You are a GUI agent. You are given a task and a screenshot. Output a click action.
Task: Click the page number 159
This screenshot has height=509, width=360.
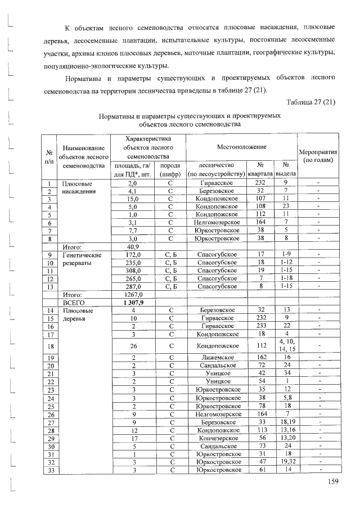(x=333, y=482)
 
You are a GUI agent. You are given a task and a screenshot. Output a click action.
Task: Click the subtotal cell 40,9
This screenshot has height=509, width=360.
(x=133, y=246)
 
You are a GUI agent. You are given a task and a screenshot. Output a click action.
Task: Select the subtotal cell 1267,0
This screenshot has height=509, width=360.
(x=133, y=294)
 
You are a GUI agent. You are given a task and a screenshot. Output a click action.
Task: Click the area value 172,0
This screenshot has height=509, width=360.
(x=133, y=254)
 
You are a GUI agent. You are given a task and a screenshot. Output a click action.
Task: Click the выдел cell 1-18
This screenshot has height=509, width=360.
(x=286, y=278)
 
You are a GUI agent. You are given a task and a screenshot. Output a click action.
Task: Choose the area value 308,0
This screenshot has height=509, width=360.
(x=133, y=270)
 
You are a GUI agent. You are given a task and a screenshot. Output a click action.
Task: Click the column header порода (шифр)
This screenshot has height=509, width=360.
(x=169, y=170)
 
